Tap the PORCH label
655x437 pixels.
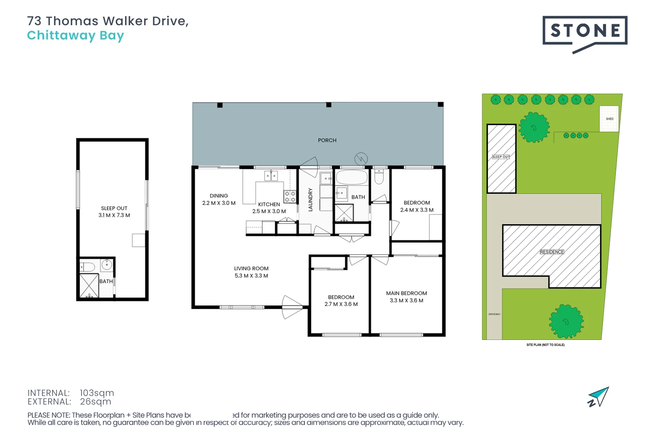tap(327, 140)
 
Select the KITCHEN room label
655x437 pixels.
tap(269, 204)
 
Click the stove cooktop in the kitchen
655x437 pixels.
tap(290, 197)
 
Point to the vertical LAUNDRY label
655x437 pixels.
tap(311, 200)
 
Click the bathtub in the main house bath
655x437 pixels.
tap(352, 177)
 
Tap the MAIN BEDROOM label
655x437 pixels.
tap(406, 293)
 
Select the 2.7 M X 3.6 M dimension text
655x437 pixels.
tap(341, 304)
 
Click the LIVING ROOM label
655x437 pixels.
tap(251, 269)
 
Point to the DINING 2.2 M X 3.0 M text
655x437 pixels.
tap(219, 199)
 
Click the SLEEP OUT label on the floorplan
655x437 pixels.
tap(114, 208)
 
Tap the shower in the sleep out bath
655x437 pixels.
tap(89, 286)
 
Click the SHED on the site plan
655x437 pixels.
tap(609, 119)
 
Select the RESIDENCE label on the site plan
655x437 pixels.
tap(551, 252)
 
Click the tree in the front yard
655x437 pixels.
tap(566, 322)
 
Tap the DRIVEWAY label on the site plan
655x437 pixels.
tap(494, 314)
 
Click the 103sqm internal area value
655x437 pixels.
tap(97, 393)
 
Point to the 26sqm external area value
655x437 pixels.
tap(95, 402)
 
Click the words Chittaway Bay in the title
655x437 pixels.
tap(75, 36)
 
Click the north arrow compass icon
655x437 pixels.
tap(598, 397)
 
